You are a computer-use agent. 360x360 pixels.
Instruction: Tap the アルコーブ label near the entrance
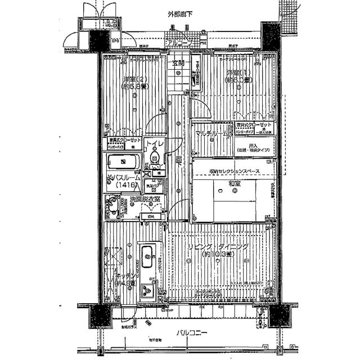click(179, 43)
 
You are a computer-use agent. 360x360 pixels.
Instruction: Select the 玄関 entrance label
click(178, 63)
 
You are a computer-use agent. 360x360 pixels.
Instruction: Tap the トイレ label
click(155, 145)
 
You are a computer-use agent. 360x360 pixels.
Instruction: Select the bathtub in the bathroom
click(124, 163)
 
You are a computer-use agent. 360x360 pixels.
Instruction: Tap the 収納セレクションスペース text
click(235, 171)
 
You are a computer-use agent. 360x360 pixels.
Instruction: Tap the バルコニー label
click(191, 333)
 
